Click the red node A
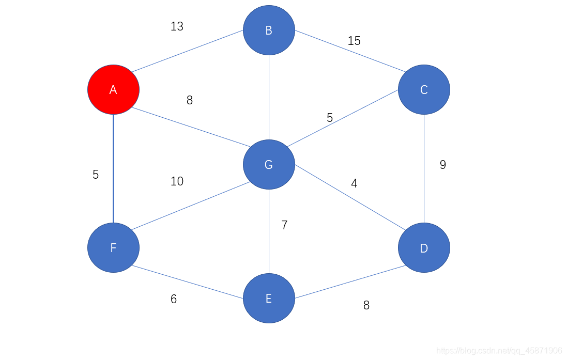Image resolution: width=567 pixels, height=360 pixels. tap(113, 89)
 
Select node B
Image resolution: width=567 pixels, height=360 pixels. tap(269, 30)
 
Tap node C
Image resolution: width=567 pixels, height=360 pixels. tap(424, 89)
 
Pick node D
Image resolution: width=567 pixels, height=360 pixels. tap(424, 248)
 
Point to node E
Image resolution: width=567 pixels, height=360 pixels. tap(269, 299)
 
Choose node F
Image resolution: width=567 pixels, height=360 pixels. tap(113, 248)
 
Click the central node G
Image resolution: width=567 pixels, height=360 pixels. tap(269, 164)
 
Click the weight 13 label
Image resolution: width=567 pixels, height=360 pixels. tap(177, 26)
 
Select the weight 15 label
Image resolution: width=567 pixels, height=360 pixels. tap(354, 41)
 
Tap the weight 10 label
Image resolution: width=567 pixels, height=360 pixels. tap(177, 181)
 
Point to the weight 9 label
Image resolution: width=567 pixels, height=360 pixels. tap(443, 165)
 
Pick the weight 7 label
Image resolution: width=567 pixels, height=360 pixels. tap(284, 225)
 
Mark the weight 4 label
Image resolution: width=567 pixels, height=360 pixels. tap(354, 183)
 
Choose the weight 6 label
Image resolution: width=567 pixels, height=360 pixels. tap(174, 299)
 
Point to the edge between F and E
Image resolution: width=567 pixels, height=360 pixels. tap(188, 283)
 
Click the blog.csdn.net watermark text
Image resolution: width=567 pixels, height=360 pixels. tap(496, 351)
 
